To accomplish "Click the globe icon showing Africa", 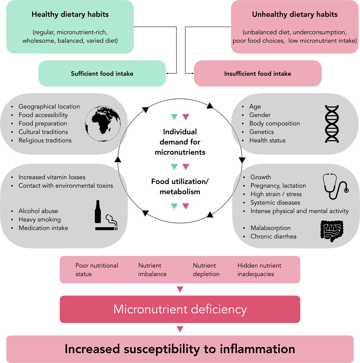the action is tap(103, 124).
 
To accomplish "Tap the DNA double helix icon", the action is tap(332, 124).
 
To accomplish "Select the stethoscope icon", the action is tap(335, 186).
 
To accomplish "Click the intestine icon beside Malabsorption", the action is tap(332, 231).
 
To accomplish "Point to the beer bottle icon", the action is tap(98, 212).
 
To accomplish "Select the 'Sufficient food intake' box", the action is tap(102, 73).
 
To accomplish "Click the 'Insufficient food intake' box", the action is tap(258, 73).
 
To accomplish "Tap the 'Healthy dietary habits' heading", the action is tap(70, 14).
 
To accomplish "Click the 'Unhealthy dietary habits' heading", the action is tap(295, 14).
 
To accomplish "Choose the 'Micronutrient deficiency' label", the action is tap(180, 309).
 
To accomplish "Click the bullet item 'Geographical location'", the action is tap(49, 106).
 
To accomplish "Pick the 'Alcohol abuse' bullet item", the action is tap(38, 211).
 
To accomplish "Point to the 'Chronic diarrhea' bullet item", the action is tap(273, 236).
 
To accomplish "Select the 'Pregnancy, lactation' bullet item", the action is tap(278, 186).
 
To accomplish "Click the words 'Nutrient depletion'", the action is tap(206, 270).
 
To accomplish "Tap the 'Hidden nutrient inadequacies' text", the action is tap(259, 270).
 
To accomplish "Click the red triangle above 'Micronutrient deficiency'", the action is tap(180, 289).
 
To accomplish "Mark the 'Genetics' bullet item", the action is tap(262, 132).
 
